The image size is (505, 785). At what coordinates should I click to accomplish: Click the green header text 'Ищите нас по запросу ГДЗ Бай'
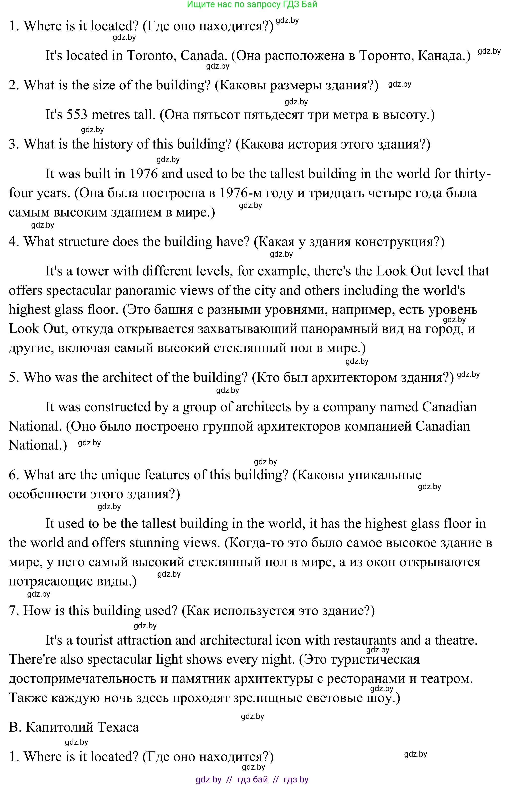252,4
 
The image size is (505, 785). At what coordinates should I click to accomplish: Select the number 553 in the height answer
77,115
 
